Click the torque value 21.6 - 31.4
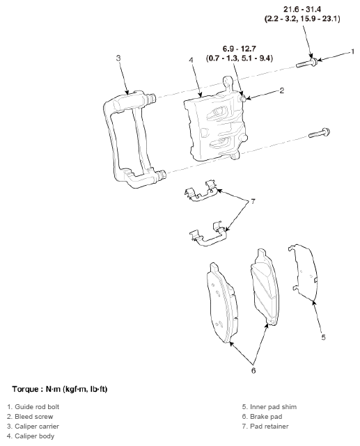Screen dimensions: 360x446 point(302,9)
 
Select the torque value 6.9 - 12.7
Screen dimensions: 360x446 point(239,49)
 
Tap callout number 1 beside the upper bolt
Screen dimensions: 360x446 point(352,51)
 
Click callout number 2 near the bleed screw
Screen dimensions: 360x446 point(281,90)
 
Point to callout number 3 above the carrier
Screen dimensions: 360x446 point(118,58)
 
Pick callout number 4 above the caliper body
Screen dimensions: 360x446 point(191,60)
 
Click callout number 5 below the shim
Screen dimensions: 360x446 point(323,337)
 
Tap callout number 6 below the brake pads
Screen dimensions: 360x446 point(253,371)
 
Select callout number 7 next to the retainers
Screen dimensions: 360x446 point(253,202)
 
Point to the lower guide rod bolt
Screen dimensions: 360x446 point(320,133)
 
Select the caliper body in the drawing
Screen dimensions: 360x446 point(215,120)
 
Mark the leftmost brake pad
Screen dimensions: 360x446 point(221,303)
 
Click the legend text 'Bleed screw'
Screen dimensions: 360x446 point(34,417)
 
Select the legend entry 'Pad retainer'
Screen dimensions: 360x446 point(269,427)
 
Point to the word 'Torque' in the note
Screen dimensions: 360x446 point(25,390)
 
